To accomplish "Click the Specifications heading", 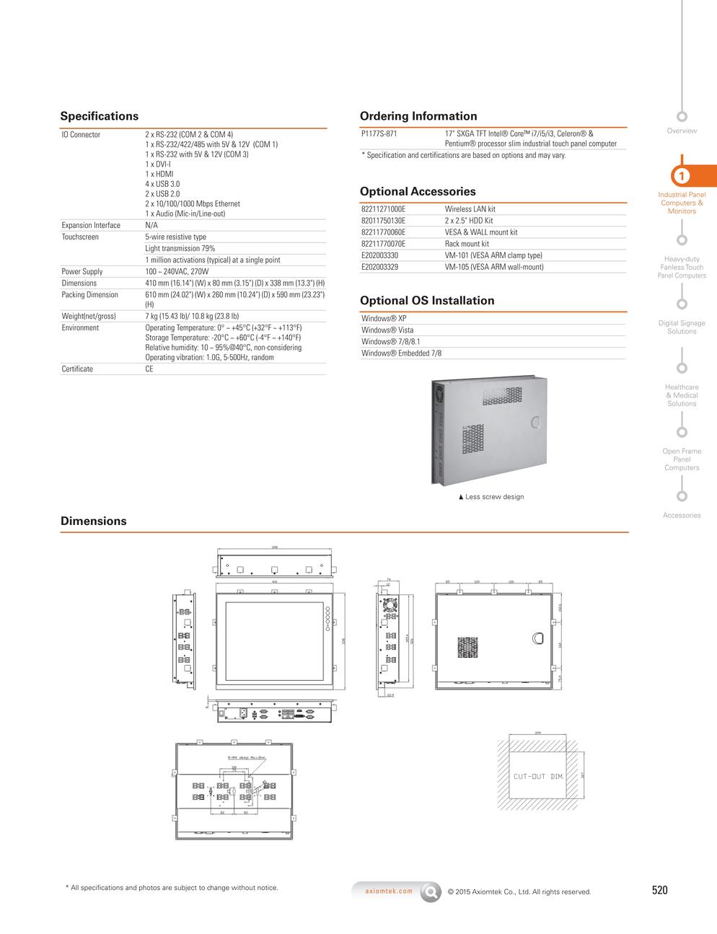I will coord(99,116).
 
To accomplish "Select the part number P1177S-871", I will coord(379,133).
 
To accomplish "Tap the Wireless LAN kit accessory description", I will coord(470,209).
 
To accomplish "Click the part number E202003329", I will coord(379,267).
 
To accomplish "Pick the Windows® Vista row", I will coord(387,330).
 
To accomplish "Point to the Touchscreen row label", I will coord(80,237).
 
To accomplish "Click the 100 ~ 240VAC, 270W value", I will coord(177,272).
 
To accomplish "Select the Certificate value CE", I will coord(149,369).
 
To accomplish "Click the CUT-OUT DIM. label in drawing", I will coord(538,777).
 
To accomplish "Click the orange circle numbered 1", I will coord(682,176).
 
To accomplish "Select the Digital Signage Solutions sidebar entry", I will coord(682,327).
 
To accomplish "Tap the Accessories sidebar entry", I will coord(682,515).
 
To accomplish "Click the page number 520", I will coord(659,890).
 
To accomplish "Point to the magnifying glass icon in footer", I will coord(431,891).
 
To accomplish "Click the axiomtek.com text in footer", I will coord(389,891).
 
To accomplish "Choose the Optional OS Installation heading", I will coord(427,301).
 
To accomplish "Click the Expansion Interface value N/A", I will coord(151,225).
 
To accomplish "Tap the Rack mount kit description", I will coord(467,244).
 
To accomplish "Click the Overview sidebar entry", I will coord(682,131).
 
